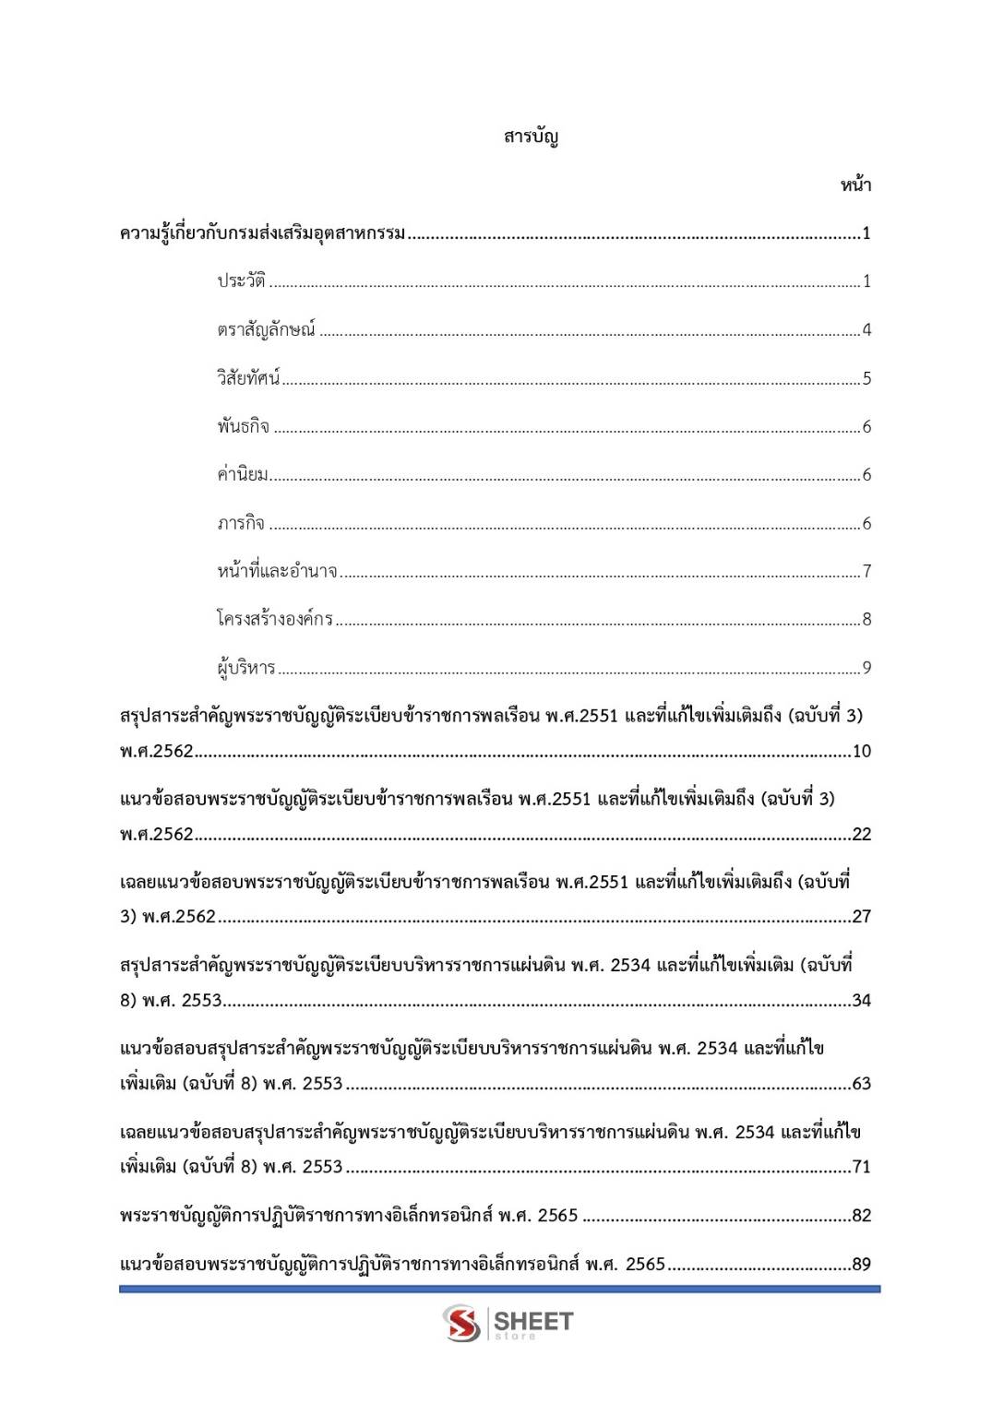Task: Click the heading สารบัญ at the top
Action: pos(531,137)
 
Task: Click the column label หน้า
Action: pos(855,185)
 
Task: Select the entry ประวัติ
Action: pos(241,281)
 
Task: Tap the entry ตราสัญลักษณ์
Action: pos(266,329)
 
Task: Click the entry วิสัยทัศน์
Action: pos(248,378)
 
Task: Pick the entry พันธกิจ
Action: pos(244,426)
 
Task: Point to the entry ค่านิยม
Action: pos(243,475)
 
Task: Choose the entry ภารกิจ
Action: pos(241,523)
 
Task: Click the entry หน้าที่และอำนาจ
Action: pos(277,571)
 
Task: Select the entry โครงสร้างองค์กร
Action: pos(275,619)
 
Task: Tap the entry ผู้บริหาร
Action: pos(246,667)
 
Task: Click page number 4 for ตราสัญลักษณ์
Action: pos(867,330)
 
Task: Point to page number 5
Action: pos(867,378)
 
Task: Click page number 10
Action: pos(861,752)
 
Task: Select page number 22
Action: pos(861,835)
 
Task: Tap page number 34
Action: pos(861,1001)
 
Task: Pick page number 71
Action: pos(861,1167)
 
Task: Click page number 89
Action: pos(861,1265)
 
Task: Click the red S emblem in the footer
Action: pos(461,1323)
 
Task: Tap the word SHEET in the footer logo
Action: pos(533,1321)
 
